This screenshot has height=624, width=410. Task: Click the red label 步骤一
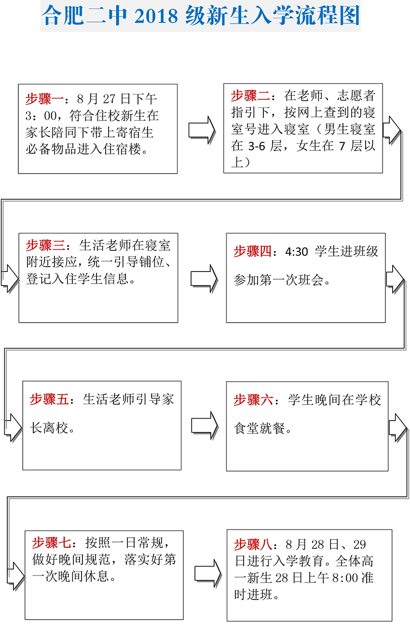pyautogui.click(x=44, y=99)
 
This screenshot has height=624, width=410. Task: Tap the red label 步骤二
pyautogui.click(x=250, y=95)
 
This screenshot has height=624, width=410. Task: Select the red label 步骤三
pyautogui.click(x=45, y=245)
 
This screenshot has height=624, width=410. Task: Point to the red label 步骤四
pyautogui.click(x=252, y=251)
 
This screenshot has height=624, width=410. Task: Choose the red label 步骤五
pyautogui.click(x=49, y=399)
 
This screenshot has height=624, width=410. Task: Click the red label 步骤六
pyautogui.click(x=253, y=400)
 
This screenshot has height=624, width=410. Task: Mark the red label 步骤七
pyautogui.click(x=52, y=543)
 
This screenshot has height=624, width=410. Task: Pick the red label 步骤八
pyautogui.click(x=253, y=544)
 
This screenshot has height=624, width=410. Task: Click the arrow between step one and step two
pyautogui.click(x=202, y=130)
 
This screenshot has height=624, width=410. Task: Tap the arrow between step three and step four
pyautogui.click(x=204, y=279)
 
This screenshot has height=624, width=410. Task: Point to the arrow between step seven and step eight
pyautogui.click(x=208, y=574)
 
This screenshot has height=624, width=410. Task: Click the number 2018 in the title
pyautogui.click(x=156, y=16)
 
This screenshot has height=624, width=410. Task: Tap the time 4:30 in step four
pyautogui.click(x=297, y=252)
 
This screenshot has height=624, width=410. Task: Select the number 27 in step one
pyautogui.click(x=109, y=99)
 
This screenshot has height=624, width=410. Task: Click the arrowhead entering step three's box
pyautogui.click(x=11, y=279)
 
